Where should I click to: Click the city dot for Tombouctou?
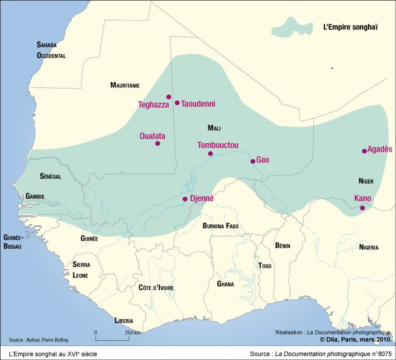point(210,154)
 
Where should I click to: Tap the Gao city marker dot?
point(252,161)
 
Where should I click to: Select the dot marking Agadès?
point(364,151)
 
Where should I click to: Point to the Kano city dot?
point(362,208)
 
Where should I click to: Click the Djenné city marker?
point(185,199)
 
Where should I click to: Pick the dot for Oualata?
point(157,143)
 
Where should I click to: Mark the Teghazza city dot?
point(168,97)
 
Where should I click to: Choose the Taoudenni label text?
point(198,104)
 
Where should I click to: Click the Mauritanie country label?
point(125,86)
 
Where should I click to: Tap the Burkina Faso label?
point(221,226)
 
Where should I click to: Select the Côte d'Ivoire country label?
point(156,288)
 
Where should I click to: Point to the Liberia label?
point(123,321)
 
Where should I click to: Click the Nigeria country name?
point(368,248)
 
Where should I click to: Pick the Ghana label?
point(225,284)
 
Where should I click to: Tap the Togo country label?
point(265,266)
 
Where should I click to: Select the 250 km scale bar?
point(111,338)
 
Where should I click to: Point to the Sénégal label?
point(51,177)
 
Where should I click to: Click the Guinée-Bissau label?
point(12,242)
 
